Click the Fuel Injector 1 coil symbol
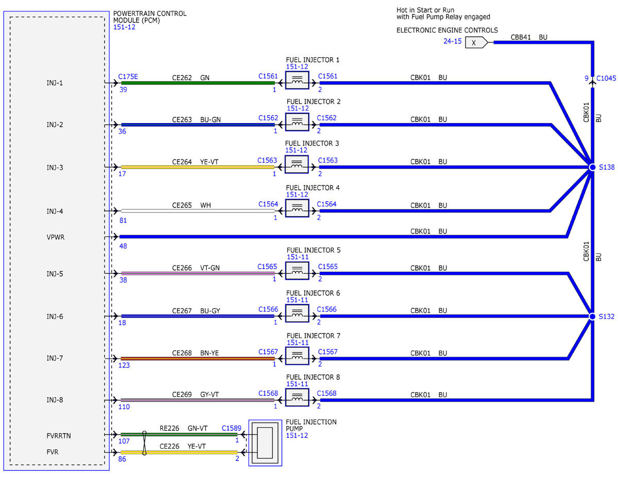[x=297, y=80]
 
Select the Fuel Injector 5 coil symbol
[x=297, y=271]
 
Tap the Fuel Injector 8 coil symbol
[x=297, y=397]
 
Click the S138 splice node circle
[x=592, y=167]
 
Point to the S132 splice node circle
[x=592, y=316]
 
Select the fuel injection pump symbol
[x=265, y=443]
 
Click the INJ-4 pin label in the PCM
[x=55, y=211]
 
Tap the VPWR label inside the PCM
[x=56, y=237]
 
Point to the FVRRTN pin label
[x=59, y=436]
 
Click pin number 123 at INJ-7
[x=124, y=365]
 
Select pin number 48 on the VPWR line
[x=123, y=246]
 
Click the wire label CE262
[x=182, y=78]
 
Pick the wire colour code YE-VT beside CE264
[x=209, y=162]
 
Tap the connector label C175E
[x=128, y=77]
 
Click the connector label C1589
[x=231, y=428]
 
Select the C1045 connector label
[x=606, y=78]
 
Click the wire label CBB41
[x=521, y=37]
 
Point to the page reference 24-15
[x=453, y=41]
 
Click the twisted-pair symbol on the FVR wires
[x=144, y=443]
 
